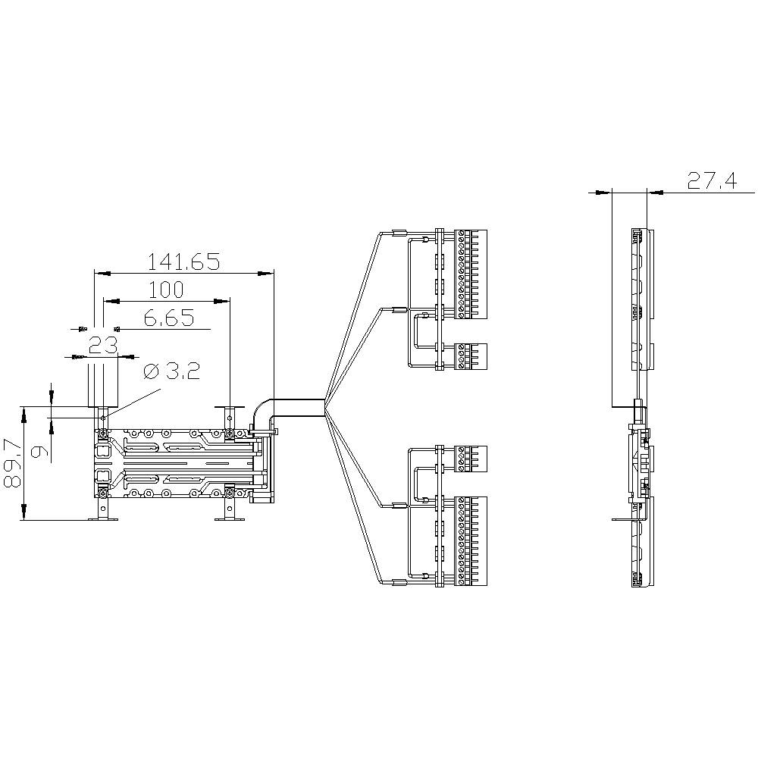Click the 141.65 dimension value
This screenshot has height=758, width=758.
pos(183,262)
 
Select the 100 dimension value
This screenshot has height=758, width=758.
pos(166,290)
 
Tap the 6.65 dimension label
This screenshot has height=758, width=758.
pos(168,318)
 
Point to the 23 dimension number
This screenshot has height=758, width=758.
pos(102,346)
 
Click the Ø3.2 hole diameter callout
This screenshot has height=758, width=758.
pos(171,371)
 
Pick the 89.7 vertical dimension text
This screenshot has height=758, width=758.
pos(12,463)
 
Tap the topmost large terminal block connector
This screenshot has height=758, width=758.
pos(471,274)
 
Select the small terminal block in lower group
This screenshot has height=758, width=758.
pos(471,459)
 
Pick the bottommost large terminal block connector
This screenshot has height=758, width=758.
pos(471,541)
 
